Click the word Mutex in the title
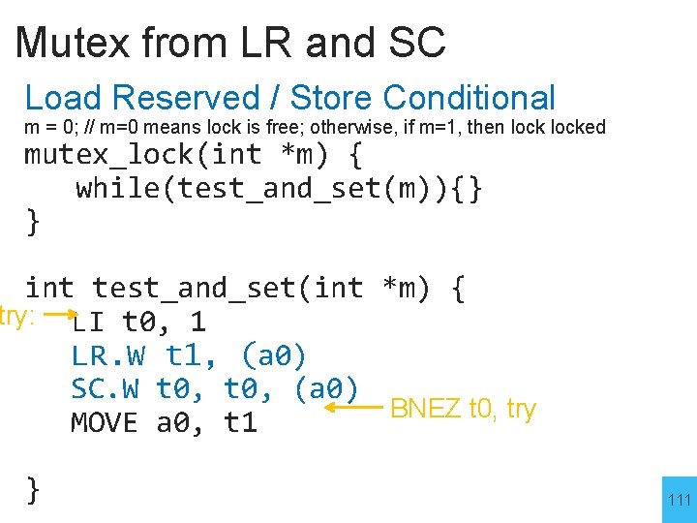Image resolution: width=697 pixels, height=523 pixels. [x=74, y=43]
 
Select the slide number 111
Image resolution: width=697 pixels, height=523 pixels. [x=680, y=500]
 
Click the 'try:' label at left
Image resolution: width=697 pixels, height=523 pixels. [x=17, y=315]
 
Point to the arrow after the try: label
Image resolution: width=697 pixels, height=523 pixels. [x=61, y=315]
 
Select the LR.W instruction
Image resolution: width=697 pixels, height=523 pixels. [x=106, y=355]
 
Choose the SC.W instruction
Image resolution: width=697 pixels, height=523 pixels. [x=106, y=389]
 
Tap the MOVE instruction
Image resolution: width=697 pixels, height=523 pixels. [x=106, y=423]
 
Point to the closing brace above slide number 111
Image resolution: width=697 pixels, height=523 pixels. [x=33, y=490]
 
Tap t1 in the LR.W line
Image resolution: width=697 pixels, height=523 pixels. [x=189, y=355]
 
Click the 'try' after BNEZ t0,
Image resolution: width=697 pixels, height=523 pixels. [x=521, y=410]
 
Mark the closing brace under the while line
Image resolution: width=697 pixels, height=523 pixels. [x=33, y=222]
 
